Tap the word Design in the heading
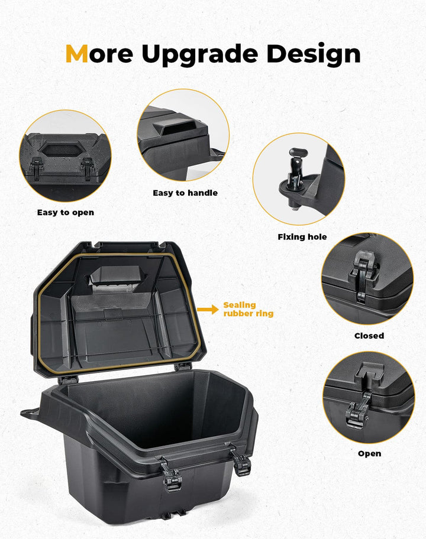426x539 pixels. (313, 54)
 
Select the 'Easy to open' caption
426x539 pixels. (66, 212)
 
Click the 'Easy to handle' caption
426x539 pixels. (185, 193)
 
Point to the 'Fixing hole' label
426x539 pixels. (302, 237)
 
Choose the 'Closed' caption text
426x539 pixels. (369, 336)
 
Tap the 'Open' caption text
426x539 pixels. (369, 453)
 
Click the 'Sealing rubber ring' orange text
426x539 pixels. (248, 309)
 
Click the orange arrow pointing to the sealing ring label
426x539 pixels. (207, 309)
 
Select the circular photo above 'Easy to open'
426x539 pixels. (65, 155)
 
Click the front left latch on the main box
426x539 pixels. (172, 476)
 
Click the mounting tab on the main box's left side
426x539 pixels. (30, 413)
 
